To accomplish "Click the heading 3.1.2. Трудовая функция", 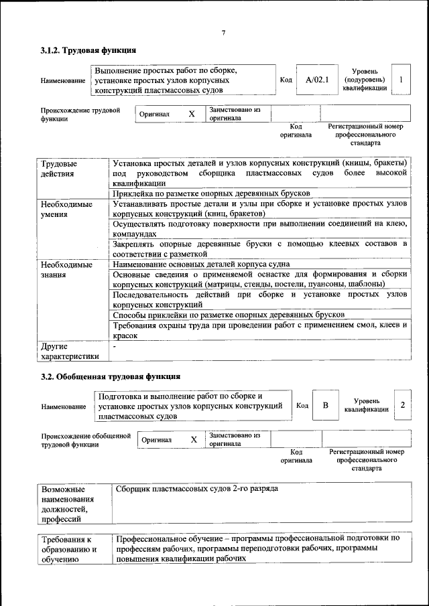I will click(88, 50).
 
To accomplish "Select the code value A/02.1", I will click(316, 80).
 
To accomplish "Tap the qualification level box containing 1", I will click(400, 80).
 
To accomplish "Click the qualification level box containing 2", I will click(402, 404).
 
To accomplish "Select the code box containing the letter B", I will click(325, 405).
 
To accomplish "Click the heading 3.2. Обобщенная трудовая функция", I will click(111, 376).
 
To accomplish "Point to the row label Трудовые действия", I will click(59, 169).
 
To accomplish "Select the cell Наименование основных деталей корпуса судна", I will click(210, 265).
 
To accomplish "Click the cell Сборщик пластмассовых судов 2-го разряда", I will click(197, 488).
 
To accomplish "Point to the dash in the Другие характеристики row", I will click(115, 347).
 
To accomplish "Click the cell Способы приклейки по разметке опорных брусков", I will click(229, 314).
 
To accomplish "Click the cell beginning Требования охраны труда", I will click(260, 329).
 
